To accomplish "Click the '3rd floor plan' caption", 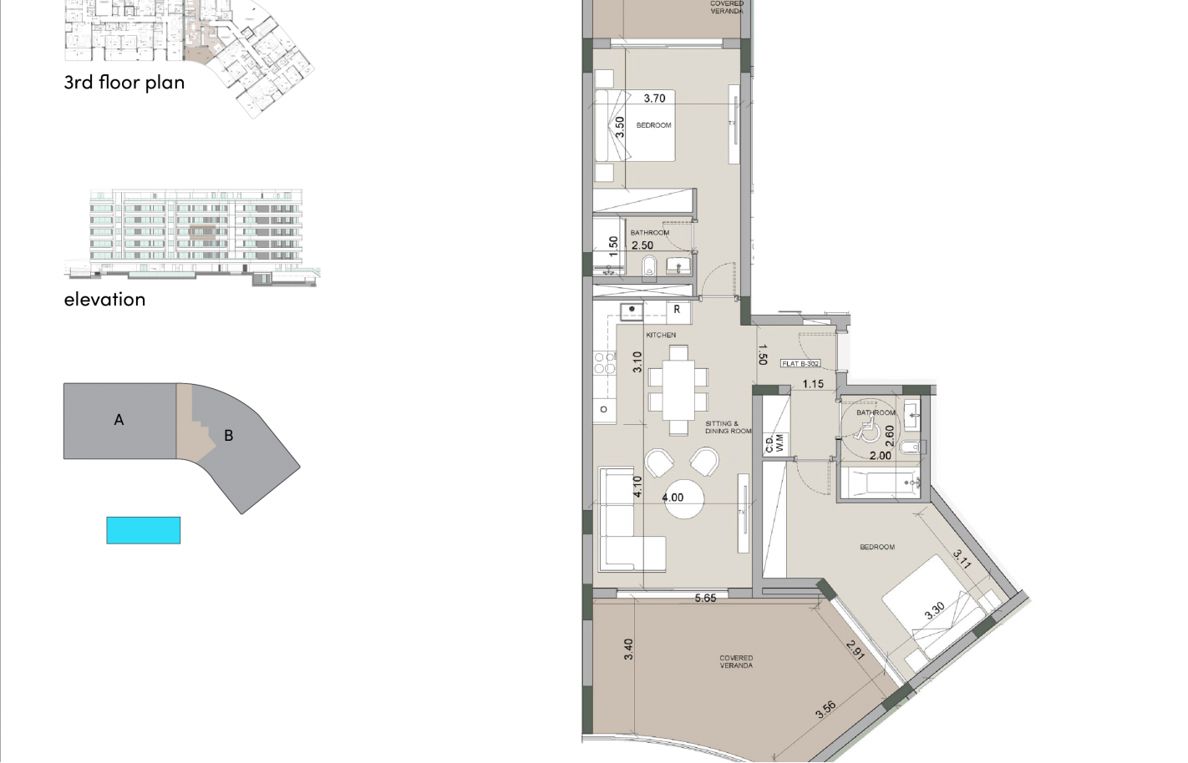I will coord(124,83).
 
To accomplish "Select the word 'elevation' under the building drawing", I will coord(104,300).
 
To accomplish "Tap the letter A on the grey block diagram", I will coord(119,420).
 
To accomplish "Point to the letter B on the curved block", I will coord(228,435).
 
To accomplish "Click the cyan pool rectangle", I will coord(143,530).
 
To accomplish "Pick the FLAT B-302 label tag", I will coord(800,364).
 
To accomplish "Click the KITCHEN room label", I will coord(661,335).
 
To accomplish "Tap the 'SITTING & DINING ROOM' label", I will coord(728,427).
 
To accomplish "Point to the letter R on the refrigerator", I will coord(677,310).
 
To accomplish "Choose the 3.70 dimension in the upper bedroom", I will coord(654,99).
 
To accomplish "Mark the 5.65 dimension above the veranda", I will coord(705,598).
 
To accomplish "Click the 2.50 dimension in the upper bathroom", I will coord(642,245).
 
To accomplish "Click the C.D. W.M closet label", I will coord(774,442).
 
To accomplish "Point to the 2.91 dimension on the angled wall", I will coord(855,650).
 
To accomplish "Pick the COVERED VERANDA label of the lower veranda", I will coord(736,662).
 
